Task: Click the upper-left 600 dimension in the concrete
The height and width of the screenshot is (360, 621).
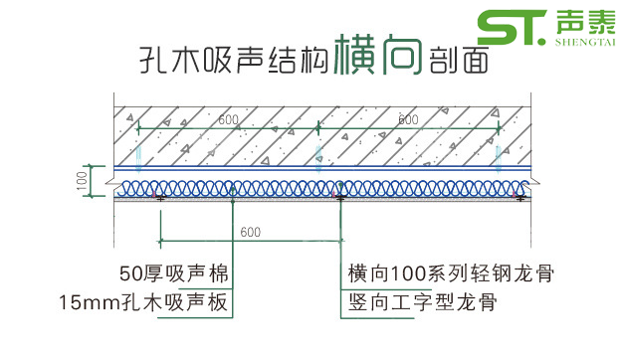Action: pos(229,120)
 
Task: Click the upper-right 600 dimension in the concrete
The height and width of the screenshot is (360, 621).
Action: pos(407,120)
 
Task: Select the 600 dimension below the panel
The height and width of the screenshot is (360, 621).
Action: pos(251,232)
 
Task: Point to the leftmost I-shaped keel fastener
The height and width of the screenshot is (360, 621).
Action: pos(159,199)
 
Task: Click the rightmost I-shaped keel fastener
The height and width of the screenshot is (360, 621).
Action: pos(517,199)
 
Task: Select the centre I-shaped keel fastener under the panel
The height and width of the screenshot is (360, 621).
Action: pos(340,199)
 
